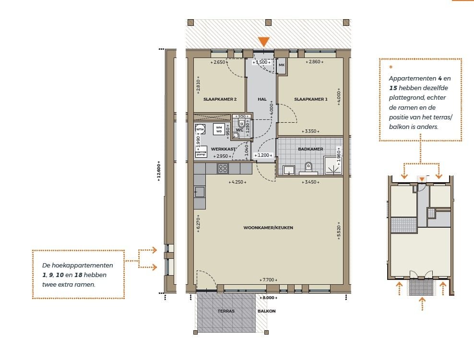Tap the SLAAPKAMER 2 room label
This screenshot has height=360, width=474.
(x=220, y=99)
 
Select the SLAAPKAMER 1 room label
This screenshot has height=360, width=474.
(x=310, y=99)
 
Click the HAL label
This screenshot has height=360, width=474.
(x=262, y=99)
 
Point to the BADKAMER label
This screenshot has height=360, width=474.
(x=310, y=149)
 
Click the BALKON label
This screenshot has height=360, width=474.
(x=267, y=311)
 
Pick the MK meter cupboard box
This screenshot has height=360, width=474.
(x=282, y=65)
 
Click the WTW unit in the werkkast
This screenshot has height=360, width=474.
(x=200, y=129)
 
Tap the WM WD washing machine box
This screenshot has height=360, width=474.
(x=219, y=129)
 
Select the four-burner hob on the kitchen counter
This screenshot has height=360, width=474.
(x=223, y=168)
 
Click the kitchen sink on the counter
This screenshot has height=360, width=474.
(x=200, y=192)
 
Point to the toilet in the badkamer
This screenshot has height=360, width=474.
(x=308, y=167)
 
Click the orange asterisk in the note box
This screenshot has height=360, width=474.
(x=391, y=68)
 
